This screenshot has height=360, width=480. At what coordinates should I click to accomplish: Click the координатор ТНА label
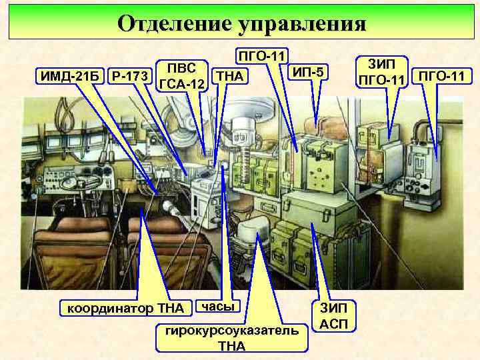click(x=126, y=308)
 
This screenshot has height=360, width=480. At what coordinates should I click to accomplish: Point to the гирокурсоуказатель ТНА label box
click(x=231, y=339)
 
